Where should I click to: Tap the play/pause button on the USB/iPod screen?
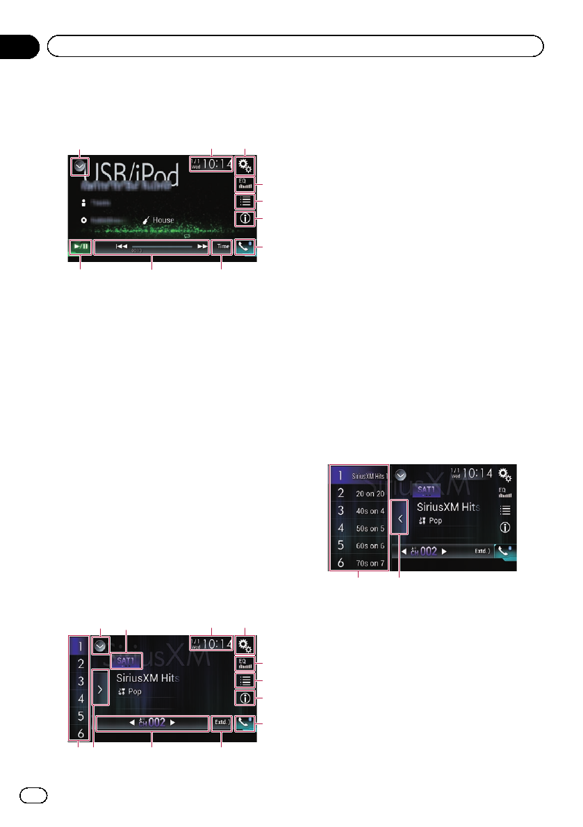click(x=80, y=246)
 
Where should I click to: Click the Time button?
click(x=222, y=246)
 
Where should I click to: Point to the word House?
click(x=163, y=220)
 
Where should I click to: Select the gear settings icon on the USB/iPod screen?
click(x=245, y=165)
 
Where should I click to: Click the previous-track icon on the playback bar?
click(x=121, y=246)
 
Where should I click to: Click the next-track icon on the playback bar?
click(x=202, y=246)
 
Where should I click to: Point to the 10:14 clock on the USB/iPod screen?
click(x=211, y=165)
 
